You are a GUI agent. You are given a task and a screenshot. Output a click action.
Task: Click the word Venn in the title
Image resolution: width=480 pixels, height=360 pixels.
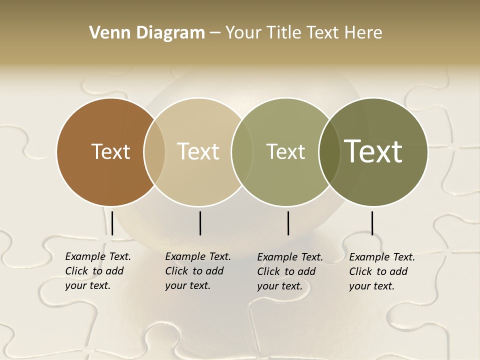point(104,33)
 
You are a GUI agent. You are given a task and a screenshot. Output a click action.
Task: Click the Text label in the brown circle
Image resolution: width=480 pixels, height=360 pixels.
point(110,151)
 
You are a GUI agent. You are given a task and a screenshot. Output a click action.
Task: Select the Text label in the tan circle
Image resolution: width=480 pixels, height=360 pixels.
point(198,151)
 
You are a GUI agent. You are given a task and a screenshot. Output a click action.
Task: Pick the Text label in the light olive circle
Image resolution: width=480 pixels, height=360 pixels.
point(286,151)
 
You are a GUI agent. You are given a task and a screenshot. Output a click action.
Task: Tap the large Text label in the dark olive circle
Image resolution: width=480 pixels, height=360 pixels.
point(373,151)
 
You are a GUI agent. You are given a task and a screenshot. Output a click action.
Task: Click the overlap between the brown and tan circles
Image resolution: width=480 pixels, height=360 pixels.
point(154,151)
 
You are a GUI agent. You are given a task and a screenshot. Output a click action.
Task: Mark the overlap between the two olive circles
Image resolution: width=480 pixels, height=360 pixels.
point(329,151)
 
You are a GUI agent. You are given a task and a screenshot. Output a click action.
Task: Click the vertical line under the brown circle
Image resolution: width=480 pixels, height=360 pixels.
point(112,223)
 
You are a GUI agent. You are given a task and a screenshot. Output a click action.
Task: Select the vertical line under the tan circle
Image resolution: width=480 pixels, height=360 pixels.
point(200,223)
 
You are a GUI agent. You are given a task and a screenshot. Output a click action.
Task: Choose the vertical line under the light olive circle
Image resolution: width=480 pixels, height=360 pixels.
point(288,223)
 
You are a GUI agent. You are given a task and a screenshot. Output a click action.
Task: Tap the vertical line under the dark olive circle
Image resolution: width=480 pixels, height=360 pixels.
point(372,223)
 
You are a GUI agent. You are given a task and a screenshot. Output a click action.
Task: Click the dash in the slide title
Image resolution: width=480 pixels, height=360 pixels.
point(215,33)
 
